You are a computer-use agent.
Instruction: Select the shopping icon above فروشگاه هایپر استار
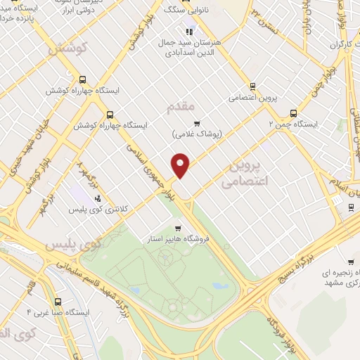coord(178,227)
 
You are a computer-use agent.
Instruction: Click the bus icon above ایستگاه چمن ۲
coord(293,112)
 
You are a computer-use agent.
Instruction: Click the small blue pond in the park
coord(219,286)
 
